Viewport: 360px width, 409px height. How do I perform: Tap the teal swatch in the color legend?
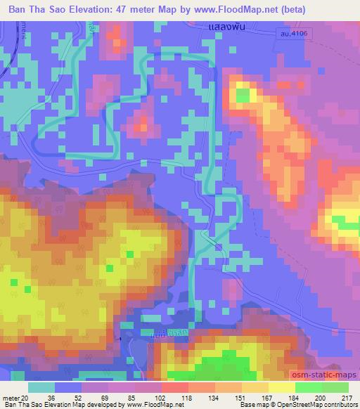(x=42, y=387)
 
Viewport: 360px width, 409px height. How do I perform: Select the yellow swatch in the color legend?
(x=282, y=387)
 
